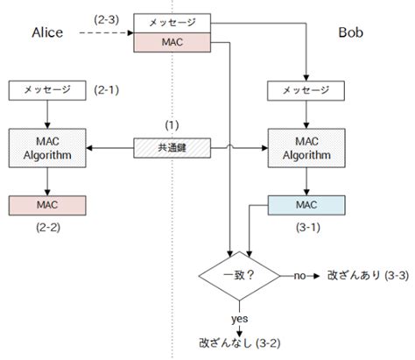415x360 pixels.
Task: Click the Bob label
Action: (x=355, y=32)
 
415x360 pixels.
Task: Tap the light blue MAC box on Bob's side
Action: (x=306, y=204)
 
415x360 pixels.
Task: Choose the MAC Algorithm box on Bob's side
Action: (x=306, y=147)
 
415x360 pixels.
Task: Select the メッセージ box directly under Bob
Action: (x=306, y=89)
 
